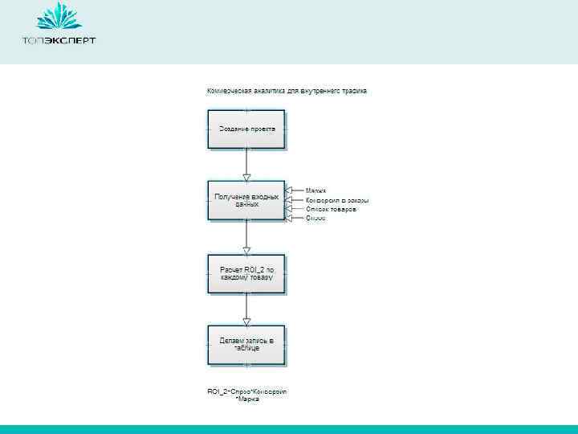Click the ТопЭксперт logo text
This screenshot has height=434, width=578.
(59, 40)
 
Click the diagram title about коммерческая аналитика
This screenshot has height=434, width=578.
(287, 91)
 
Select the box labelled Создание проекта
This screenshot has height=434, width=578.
(246, 129)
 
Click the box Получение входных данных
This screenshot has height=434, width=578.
(246, 200)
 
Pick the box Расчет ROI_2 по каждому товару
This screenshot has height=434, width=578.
(246, 272)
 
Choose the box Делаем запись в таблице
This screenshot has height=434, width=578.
(246, 345)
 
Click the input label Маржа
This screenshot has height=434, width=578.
(315, 190)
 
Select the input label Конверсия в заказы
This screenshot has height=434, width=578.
(337, 200)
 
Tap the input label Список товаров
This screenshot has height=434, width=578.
(331, 209)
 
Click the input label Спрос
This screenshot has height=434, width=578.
(315, 218)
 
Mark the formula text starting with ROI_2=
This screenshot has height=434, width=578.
(247, 395)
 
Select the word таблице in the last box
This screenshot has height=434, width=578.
(246, 350)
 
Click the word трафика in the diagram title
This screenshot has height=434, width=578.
(354, 91)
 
